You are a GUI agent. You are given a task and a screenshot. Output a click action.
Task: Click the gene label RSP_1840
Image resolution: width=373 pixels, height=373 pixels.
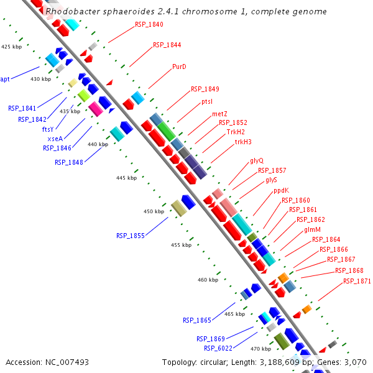point(149,24)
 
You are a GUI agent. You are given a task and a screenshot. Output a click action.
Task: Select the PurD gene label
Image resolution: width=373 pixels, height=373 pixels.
point(179,67)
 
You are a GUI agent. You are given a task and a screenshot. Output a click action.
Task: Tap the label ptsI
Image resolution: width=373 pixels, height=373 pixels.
point(207,101)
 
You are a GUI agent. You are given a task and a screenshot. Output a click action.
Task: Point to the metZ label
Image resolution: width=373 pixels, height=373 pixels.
point(219,114)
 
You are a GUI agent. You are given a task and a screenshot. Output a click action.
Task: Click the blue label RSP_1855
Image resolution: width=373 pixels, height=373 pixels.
point(130,236)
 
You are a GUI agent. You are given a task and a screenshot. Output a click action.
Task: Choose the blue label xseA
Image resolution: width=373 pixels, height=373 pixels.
point(55,139)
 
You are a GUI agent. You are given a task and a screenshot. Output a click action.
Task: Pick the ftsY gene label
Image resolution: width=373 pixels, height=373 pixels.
point(48,129)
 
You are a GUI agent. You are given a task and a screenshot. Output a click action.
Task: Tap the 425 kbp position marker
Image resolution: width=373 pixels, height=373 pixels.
point(11,47)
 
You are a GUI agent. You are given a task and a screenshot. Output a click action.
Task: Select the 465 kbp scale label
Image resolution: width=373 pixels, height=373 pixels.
point(234,315)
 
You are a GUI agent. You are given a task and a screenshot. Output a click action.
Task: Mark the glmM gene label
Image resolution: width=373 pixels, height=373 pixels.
point(312,230)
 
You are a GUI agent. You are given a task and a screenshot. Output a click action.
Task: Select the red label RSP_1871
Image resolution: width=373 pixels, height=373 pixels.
point(357,281)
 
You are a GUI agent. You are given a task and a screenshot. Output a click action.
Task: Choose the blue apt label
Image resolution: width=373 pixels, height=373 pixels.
point(5,79)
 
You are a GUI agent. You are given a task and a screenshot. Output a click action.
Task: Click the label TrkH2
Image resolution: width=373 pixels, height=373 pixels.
point(236,132)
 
